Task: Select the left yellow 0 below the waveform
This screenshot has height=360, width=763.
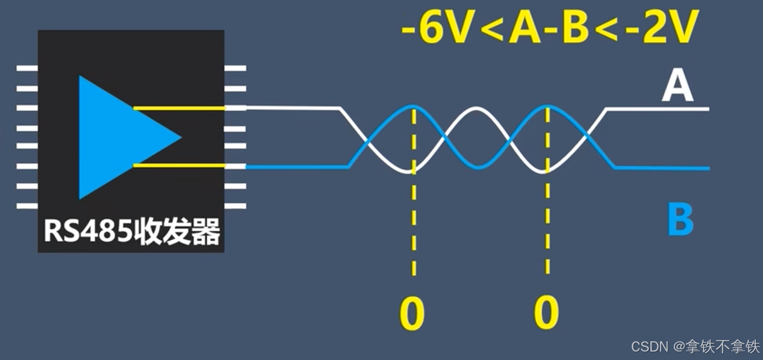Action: coord(413,313)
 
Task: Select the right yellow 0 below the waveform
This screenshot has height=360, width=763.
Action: coord(546,313)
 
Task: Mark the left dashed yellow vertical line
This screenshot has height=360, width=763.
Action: coord(414,229)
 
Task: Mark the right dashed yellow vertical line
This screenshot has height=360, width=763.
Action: coord(547,229)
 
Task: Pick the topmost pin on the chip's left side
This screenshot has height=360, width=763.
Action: coord(27,69)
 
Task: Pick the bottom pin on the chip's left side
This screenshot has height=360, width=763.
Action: coord(27,205)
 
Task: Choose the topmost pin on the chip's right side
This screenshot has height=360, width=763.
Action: coord(235,69)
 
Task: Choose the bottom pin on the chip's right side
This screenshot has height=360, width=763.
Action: coord(235,205)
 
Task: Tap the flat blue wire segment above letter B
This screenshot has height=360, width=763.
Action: coord(662,168)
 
